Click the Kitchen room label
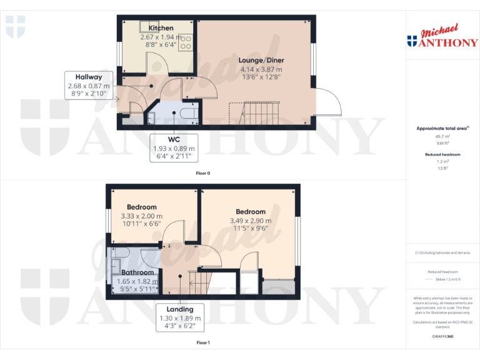pos(161,28)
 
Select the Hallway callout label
pos(89,77)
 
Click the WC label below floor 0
pos(174,139)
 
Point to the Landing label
pos(179,309)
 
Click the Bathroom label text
pos(137,272)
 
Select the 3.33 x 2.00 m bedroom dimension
pos(141,216)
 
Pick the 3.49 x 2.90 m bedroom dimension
pos(251,221)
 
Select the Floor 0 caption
pos(202,172)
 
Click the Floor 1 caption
pos(202,342)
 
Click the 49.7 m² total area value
pos(442,136)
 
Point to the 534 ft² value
pos(442,143)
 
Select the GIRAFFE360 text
pos(442,336)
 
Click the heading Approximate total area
pos(442,128)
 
